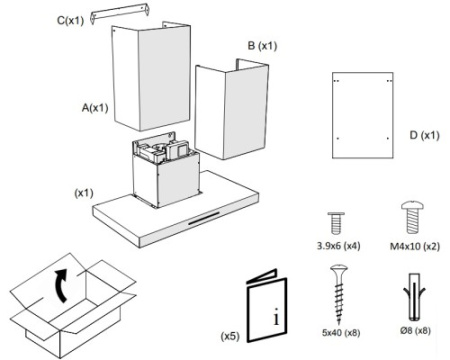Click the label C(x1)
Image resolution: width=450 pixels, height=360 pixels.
click(70, 21)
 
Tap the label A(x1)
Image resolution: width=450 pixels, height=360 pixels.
click(95, 108)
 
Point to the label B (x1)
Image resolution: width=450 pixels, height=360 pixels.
click(262, 46)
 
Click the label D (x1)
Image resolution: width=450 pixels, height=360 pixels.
click(424, 135)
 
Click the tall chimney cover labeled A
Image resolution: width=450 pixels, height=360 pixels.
click(151, 77)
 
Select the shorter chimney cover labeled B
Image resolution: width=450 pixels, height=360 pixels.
click(232, 110)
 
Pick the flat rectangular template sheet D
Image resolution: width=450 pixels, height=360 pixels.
click(363, 115)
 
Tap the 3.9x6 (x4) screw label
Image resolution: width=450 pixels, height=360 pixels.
click(338, 246)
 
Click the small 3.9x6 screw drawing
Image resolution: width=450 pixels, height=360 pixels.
click(336, 223)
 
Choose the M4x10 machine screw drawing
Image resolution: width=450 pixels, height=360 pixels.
click(412, 217)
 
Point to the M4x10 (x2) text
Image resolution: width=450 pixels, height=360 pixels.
click(415, 246)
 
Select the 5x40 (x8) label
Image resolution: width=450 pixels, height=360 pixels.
click(341, 333)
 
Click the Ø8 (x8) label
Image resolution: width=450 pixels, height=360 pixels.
click(415, 331)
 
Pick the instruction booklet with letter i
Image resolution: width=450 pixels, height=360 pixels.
click(266, 306)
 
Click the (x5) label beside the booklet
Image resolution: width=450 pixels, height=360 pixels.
click(230, 336)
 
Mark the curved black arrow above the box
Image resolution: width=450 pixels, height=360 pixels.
click(60, 285)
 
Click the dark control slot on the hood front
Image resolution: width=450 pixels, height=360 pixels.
click(204, 218)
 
